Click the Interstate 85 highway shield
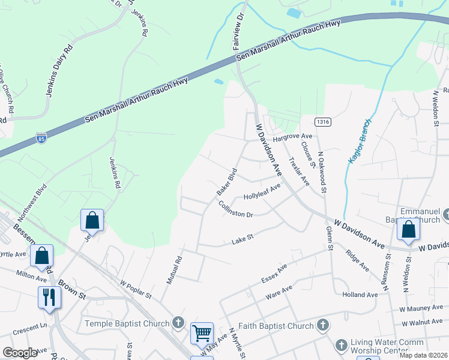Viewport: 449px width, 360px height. pyautogui.click(x=41, y=138)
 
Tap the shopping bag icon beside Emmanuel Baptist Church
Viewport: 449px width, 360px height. pyautogui.click(x=408, y=230)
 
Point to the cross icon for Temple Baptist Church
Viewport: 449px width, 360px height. pyautogui.click(x=178, y=323)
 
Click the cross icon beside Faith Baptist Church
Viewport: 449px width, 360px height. pyautogui.click(x=323, y=326)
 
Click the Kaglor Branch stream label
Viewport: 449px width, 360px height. pyautogui.click(x=360, y=143)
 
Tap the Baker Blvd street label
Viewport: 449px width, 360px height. pyautogui.click(x=227, y=185)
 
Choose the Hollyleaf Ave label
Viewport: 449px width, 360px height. pyautogui.click(x=262, y=193)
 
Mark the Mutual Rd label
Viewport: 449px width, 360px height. pyautogui.click(x=173, y=270)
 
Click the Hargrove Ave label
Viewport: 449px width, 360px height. pyautogui.click(x=293, y=137)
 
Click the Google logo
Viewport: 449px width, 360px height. pyautogui.click(x=20, y=353)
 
